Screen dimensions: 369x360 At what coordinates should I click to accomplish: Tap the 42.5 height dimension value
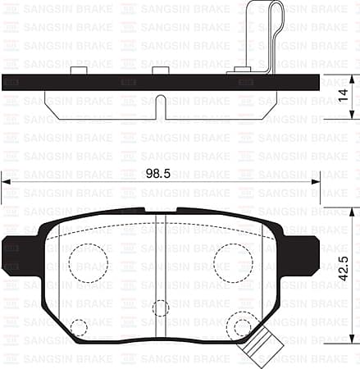(344, 270)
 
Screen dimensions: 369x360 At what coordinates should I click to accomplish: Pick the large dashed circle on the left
(87, 262)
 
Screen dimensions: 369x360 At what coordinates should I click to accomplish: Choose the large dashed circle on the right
(233, 262)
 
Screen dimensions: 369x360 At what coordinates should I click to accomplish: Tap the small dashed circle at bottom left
(79, 327)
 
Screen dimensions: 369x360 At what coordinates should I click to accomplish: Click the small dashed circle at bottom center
(161, 308)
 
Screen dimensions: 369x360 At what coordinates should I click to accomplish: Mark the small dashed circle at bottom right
(241, 327)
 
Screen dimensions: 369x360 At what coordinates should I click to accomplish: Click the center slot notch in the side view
(161, 107)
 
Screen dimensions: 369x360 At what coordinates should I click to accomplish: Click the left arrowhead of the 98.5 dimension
(6, 182)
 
